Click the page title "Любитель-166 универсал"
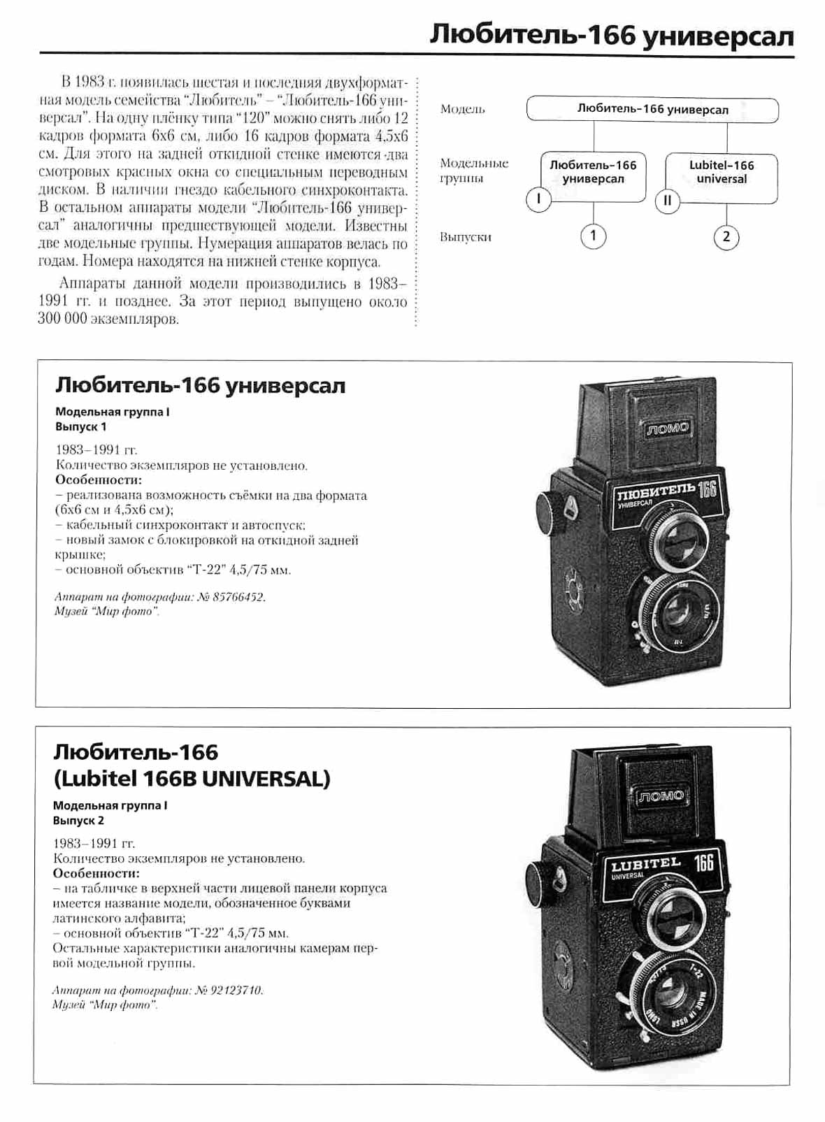tap(611, 35)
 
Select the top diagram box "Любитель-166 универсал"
tap(652, 110)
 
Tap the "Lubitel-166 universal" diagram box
tap(722, 172)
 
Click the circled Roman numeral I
tap(538, 199)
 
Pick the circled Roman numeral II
tap(667, 201)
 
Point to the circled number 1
tap(593, 236)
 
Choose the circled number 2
tap(726, 237)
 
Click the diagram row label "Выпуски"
tap(466, 237)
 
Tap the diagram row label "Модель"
tap(462, 109)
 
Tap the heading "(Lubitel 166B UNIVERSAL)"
tap(192, 778)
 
